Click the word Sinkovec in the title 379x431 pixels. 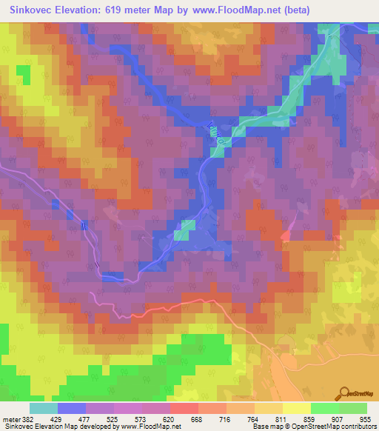(36, 11)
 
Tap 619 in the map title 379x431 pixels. (133, 11)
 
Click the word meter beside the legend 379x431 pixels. (12, 419)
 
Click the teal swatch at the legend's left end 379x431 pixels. (43, 408)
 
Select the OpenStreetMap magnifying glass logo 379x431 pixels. (343, 394)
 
